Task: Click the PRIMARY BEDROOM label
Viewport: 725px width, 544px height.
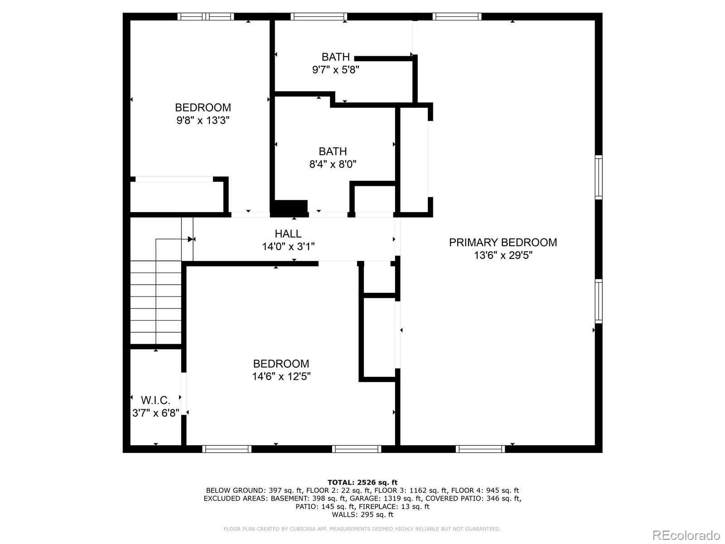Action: pos(503,243)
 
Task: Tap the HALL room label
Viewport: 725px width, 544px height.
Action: pos(288,234)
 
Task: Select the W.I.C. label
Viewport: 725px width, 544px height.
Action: pos(155,400)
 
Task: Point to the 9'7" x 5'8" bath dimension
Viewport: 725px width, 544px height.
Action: pos(336,70)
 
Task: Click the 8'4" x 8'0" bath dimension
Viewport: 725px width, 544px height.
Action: pos(333,164)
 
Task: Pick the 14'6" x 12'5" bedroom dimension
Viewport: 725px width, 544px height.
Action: pos(281,376)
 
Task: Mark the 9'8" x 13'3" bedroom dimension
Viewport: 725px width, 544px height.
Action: pos(203,121)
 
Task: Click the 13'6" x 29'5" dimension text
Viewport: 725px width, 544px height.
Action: pos(503,255)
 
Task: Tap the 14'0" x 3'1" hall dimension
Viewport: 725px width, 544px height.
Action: pos(288,247)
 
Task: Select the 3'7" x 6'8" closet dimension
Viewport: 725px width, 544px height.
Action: pos(155,413)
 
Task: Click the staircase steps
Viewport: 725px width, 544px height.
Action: pos(156,301)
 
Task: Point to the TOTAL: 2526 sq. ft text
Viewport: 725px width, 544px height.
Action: pos(362,482)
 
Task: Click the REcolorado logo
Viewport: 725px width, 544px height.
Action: pos(686,535)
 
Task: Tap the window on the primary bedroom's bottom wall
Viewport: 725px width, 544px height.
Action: pos(480,449)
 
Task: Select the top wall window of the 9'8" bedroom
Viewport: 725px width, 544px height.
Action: pos(205,17)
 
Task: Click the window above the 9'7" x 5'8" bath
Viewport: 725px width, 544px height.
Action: pos(319,17)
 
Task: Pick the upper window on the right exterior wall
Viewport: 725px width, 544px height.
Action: pos(599,177)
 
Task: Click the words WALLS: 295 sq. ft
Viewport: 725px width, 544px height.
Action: pos(362,515)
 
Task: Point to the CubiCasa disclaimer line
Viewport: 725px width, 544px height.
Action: pos(362,529)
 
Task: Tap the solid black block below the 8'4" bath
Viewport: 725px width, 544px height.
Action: pos(289,208)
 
